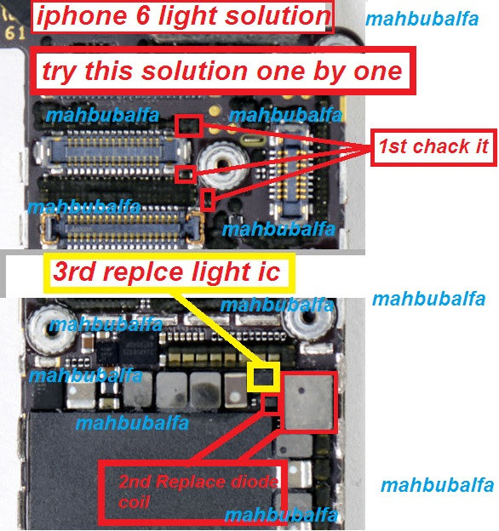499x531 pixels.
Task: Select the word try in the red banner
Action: click(60, 71)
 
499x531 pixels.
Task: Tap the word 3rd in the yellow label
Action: click(74, 271)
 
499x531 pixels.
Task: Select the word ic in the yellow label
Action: click(269, 272)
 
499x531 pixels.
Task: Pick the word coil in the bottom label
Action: click(134, 501)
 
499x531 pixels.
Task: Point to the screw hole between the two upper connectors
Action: click(222, 164)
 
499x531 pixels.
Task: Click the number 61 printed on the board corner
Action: click(15, 33)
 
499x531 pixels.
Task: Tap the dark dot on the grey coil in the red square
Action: click(301, 391)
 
